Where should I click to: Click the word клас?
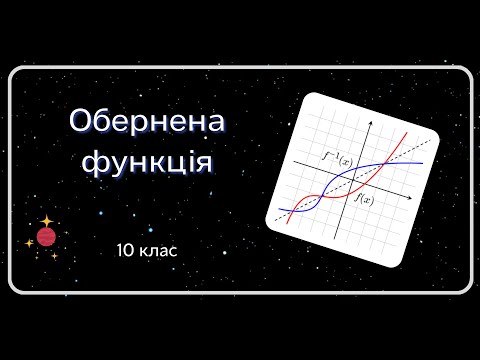click(x=158, y=248)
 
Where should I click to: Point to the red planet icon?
click(x=45, y=236)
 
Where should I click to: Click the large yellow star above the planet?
click(x=46, y=219)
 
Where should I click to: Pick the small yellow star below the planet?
click(x=54, y=256)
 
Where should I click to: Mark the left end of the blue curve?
click(x=280, y=210)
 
